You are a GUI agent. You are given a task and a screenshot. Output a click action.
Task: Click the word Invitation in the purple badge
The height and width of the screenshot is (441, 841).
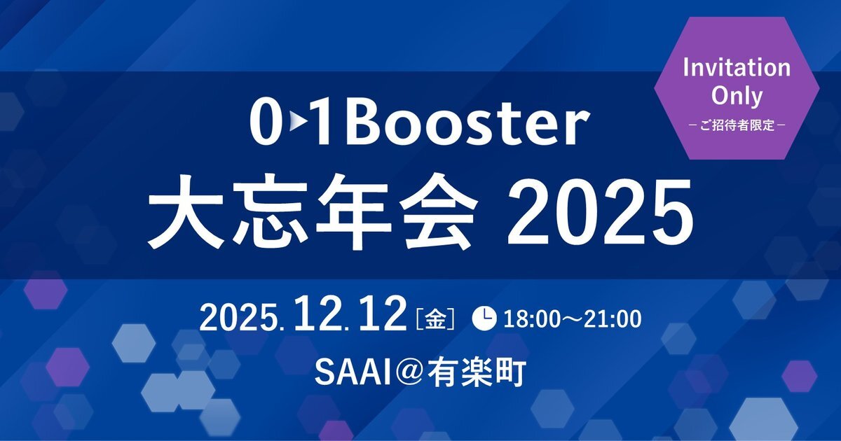point(737,68)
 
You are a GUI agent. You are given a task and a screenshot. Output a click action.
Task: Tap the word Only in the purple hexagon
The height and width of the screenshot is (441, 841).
point(737,96)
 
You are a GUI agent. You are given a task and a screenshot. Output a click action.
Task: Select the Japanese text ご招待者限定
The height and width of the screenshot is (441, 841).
point(737,125)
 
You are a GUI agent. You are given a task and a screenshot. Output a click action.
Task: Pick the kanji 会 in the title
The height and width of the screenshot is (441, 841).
point(439,212)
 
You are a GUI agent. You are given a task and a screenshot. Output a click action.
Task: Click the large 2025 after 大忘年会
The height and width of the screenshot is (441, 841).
point(600,213)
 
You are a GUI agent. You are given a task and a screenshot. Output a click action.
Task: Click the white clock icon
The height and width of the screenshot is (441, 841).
point(484,318)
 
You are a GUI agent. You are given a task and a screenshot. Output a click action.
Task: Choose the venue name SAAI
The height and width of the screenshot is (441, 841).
point(351,373)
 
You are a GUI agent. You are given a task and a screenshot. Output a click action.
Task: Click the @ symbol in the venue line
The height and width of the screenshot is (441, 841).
point(407,373)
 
